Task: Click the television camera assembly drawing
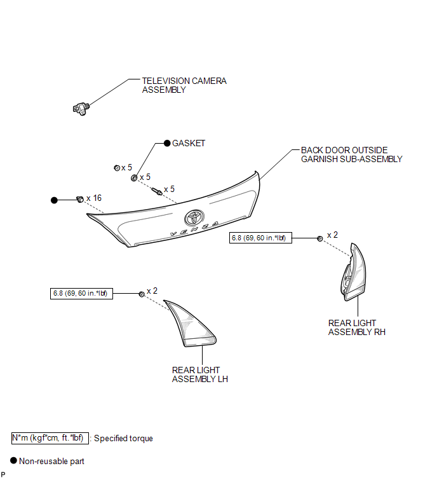click(x=81, y=109)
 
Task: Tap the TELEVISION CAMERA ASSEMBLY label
click(x=184, y=85)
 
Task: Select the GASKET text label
click(x=189, y=143)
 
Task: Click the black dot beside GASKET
click(x=167, y=143)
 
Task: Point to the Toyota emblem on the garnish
click(x=194, y=217)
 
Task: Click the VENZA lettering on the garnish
click(x=194, y=229)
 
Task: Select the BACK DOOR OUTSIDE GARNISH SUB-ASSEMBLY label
click(x=352, y=154)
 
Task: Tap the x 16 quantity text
click(x=94, y=198)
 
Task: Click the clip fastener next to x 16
click(x=80, y=199)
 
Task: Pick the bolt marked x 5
click(x=157, y=191)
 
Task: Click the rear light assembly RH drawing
click(x=353, y=273)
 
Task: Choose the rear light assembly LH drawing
click(x=190, y=324)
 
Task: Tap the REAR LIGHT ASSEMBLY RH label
click(x=356, y=327)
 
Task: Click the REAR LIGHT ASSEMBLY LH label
click(x=199, y=374)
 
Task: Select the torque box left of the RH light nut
click(x=260, y=238)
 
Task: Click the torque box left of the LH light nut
click(x=81, y=294)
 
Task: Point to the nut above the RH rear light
click(x=320, y=239)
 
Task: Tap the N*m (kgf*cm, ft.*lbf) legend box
click(x=50, y=438)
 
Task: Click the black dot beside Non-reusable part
click(x=13, y=461)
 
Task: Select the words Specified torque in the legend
click(x=123, y=439)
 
